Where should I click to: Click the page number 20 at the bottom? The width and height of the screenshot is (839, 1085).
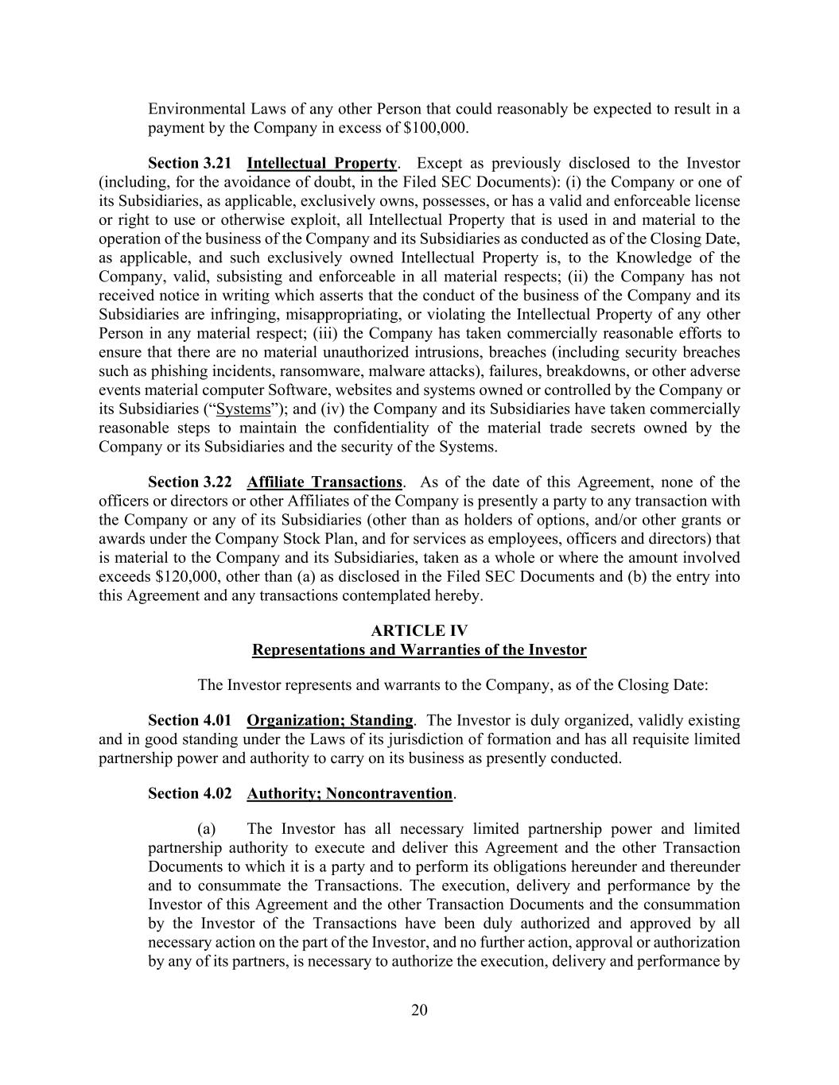419,1010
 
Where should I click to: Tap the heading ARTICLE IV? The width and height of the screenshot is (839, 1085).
419,631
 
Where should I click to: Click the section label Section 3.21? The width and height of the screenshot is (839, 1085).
189,164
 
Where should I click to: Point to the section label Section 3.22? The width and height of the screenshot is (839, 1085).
189,482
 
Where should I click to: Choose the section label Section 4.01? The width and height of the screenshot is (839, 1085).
189,721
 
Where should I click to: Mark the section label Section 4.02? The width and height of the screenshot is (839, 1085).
189,794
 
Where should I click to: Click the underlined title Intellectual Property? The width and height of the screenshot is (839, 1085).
321,164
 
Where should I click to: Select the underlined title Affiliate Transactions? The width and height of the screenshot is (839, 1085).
324,482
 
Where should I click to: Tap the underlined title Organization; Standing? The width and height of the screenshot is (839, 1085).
330,721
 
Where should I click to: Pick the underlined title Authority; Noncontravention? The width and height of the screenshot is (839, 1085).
349,794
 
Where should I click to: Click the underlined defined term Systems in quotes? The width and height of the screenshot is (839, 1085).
243,409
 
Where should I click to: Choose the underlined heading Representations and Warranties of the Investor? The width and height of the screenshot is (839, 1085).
419,650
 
